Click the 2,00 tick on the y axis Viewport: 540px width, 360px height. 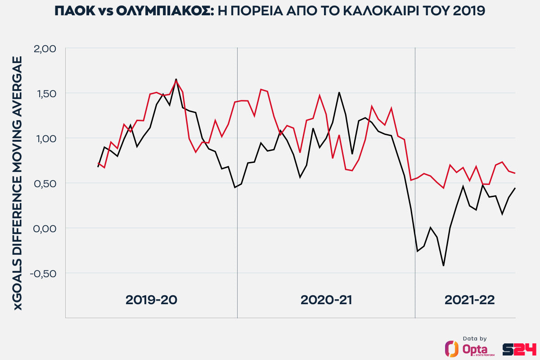coord(45,48)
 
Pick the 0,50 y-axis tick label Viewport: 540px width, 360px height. coord(45,183)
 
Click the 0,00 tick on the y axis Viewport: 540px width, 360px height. coord(45,228)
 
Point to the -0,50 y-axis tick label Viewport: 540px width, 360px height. coord(43,273)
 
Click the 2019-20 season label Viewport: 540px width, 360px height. coord(151,300)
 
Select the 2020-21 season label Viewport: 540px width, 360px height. coord(326,300)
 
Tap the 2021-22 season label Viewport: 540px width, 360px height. coord(469,300)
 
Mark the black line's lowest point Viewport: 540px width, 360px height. coord(443,265)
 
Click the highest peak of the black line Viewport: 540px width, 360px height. coord(176,79)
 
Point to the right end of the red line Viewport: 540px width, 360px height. coord(515,173)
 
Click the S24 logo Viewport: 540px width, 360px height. coord(526,349)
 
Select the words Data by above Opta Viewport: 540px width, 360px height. coord(474,338)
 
